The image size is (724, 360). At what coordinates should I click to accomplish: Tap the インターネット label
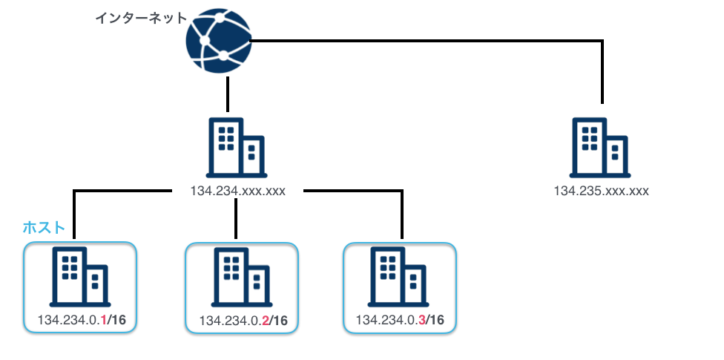click(141, 18)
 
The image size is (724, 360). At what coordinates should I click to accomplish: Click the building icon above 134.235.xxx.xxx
click(602, 148)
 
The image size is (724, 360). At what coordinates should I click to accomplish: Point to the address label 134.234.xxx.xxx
click(238, 191)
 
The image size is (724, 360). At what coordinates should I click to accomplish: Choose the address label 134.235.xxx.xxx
click(601, 191)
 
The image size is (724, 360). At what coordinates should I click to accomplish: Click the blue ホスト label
click(45, 226)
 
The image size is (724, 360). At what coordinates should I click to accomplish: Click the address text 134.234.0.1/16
click(82, 320)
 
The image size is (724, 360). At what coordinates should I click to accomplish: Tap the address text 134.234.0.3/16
click(401, 320)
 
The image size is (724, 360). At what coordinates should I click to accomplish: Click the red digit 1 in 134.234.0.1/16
click(102, 320)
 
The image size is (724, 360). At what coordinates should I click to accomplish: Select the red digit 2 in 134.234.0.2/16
click(263, 321)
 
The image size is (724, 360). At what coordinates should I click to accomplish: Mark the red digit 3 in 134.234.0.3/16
click(421, 320)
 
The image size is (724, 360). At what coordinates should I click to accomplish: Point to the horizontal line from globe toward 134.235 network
click(430, 42)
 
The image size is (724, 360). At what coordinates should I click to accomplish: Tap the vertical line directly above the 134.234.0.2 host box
click(235, 219)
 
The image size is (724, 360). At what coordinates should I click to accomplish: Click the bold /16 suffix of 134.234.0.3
click(435, 320)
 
